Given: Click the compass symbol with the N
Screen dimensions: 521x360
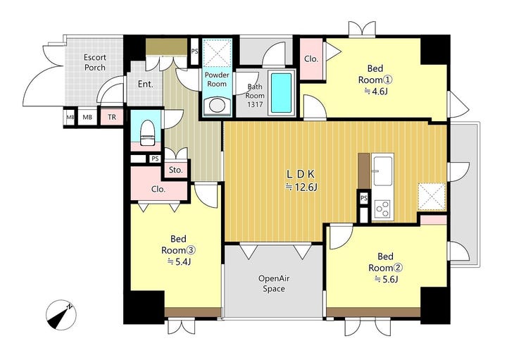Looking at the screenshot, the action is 61,315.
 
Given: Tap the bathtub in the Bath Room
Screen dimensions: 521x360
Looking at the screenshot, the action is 281,93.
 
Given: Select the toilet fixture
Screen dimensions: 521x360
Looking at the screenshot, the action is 146,133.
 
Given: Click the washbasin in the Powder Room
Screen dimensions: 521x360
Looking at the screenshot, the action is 217,106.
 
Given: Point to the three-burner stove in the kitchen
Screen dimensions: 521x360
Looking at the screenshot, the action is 382,209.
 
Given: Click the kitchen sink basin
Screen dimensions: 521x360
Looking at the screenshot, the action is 382,171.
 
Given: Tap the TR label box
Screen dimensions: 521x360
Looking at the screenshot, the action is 112,117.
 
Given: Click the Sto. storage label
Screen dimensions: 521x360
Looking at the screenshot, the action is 176,170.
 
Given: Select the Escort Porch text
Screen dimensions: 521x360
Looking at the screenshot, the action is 95,63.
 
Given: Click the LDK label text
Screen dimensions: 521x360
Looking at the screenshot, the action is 301,174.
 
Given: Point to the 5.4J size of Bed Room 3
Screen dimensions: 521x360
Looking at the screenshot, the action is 180,262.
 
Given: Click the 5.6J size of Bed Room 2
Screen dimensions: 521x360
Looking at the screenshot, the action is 387,279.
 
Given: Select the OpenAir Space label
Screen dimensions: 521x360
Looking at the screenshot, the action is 274,283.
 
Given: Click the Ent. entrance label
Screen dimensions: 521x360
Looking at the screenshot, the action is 146,84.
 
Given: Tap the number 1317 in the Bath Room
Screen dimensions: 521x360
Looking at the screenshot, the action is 255,104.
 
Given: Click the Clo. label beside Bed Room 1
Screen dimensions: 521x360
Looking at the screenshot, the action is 311,59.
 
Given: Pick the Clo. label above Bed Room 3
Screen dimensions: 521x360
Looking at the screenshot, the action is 158,189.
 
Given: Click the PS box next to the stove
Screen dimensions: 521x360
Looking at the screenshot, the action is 364,198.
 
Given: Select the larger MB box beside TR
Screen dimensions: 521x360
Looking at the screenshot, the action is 87,117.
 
